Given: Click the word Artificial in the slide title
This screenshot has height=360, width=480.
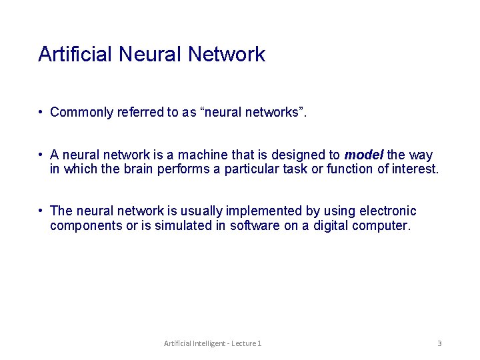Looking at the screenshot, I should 76,54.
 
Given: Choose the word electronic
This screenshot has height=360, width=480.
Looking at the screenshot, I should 387,211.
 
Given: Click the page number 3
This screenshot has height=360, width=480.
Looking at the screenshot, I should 439,343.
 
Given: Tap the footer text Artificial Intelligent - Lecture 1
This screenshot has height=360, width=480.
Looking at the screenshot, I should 213,343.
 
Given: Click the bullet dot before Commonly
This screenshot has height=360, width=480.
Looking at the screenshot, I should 41,113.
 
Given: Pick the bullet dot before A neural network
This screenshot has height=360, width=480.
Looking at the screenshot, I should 41,155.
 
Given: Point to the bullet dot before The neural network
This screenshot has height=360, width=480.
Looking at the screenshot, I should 41,211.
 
